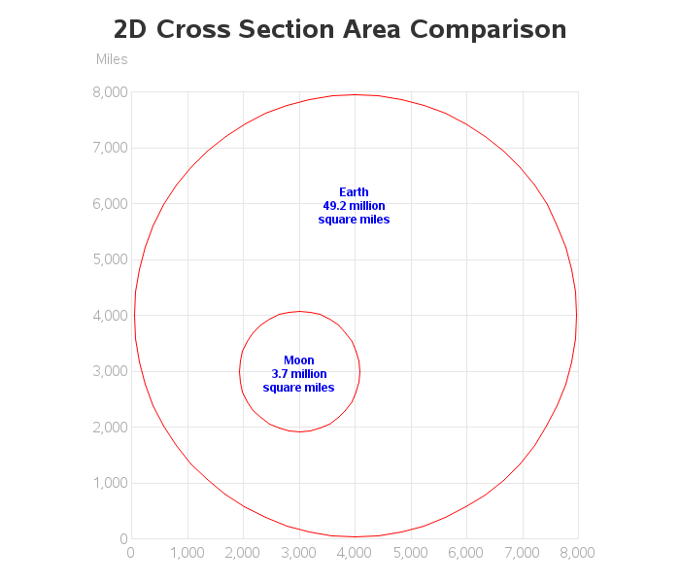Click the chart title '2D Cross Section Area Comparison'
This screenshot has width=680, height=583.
pyautogui.click(x=340, y=29)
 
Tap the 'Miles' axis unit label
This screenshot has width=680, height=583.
pyautogui.click(x=112, y=59)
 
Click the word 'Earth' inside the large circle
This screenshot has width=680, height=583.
pyautogui.click(x=354, y=192)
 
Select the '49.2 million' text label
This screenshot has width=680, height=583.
pyautogui.click(x=354, y=206)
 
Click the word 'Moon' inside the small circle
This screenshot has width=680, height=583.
pyautogui.click(x=298, y=360)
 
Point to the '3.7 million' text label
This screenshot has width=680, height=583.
pyautogui.click(x=298, y=374)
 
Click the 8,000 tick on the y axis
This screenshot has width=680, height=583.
pyautogui.click(x=109, y=92)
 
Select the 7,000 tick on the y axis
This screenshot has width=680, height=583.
pyautogui.click(x=109, y=148)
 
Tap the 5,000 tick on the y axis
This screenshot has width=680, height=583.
pyautogui.click(x=109, y=259)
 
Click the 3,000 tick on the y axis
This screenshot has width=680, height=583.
pyautogui.click(x=109, y=371)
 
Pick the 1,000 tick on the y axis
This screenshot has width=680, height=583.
pyautogui.click(x=109, y=483)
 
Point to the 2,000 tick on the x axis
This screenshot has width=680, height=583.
pyautogui.click(x=243, y=553)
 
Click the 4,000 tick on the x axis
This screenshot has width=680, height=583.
pyautogui.click(x=355, y=553)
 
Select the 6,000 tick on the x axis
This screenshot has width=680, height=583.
pyautogui.click(x=466, y=553)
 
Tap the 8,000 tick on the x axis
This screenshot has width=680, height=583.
pyautogui.click(x=578, y=553)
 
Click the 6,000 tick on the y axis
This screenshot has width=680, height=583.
pyautogui.click(x=109, y=204)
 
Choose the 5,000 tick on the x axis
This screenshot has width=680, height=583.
pyautogui.click(x=410, y=553)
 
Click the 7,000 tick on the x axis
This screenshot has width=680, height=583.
pyautogui.click(x=522, y=553)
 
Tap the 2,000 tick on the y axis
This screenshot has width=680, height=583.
pyautogui.click(x=109, y=428)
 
